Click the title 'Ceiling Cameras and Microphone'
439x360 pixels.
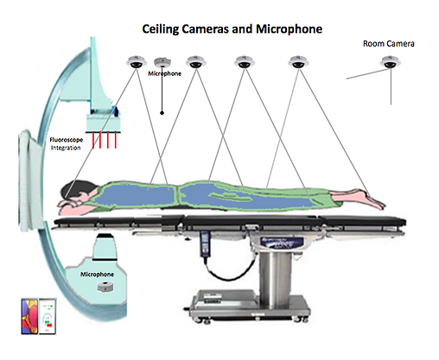tap(232, 29)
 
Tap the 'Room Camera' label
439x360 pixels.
tap(388, 44)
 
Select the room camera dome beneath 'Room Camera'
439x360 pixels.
tap(390, 62)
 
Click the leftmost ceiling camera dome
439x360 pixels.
tap(137, 62)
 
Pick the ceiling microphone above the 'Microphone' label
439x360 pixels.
tap(162, 62)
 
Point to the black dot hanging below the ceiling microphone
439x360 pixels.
tap(162, 113)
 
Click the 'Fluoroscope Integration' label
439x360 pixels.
tap(66, 143)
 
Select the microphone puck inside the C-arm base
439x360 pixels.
tap(105, 287)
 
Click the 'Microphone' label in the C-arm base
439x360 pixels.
tap(97, 275)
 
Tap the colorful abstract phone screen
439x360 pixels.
tap(29, 316)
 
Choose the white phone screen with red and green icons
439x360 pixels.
tap(48, 316)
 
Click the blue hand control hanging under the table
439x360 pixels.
tap(205, 243)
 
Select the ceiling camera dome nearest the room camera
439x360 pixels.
tap(298, 62)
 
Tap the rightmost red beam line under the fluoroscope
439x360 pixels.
tap(116, 140)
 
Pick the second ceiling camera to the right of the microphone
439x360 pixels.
tap(245, 62)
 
